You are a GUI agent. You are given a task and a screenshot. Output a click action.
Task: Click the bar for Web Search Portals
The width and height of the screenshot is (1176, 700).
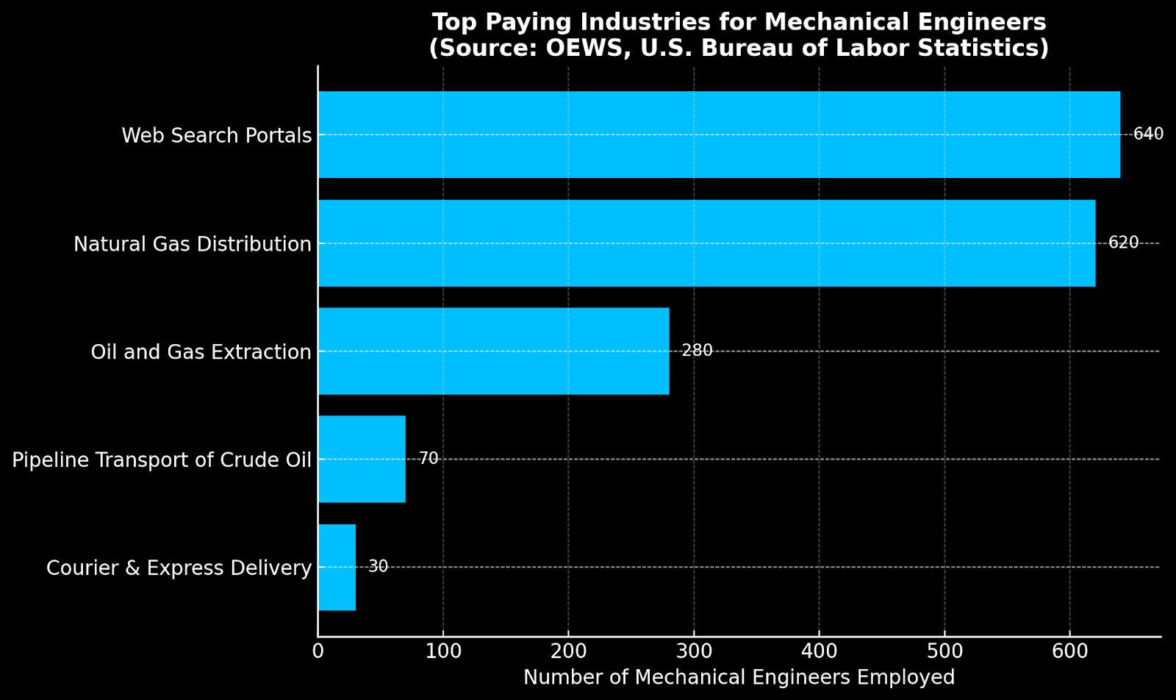click(x=719, y=135)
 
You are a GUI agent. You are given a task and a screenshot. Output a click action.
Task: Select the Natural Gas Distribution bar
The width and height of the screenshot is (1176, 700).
click(x=706, y=243)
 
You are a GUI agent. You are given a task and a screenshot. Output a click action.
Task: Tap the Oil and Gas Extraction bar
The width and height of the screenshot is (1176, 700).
click(x=493, y=351)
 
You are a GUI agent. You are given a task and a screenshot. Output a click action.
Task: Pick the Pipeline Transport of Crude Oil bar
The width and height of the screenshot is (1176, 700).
click(x=362, y=459)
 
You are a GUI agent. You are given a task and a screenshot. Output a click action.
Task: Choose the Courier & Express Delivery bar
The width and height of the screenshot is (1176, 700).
click(x=337, y=567)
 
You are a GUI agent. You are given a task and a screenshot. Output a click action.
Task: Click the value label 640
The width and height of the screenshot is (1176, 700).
click(x=1148, y=135)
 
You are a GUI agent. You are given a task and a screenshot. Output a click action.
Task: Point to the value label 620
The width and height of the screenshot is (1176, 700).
click(x=1123, y=243)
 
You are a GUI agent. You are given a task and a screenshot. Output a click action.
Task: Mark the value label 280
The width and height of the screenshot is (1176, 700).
click(x=697, y=351)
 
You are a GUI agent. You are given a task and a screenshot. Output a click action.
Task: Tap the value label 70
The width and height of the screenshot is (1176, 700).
click(x=429, y=459)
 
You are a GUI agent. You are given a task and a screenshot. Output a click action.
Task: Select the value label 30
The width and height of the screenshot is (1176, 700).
click(x=378, y=567)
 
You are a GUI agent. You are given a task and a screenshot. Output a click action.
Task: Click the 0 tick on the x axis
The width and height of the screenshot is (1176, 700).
click(x=318, y=651)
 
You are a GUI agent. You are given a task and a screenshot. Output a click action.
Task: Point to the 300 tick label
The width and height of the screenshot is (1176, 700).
click(x=693, y=651)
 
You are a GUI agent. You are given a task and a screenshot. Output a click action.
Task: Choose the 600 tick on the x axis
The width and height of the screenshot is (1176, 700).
click(x=1069, y=651)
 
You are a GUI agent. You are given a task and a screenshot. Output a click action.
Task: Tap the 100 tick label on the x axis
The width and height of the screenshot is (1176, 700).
click(x=442, y=651)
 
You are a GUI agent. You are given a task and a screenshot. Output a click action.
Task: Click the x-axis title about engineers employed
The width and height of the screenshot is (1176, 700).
click(x=739, y=678)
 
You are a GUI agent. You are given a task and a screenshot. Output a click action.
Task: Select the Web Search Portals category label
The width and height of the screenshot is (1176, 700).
click(x=216, y=136)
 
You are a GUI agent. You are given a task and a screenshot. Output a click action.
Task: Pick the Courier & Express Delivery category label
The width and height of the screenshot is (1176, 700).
click(x=179, y=568)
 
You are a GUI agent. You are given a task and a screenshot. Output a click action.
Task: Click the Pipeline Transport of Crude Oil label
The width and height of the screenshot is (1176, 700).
click(x=162, y=460)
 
